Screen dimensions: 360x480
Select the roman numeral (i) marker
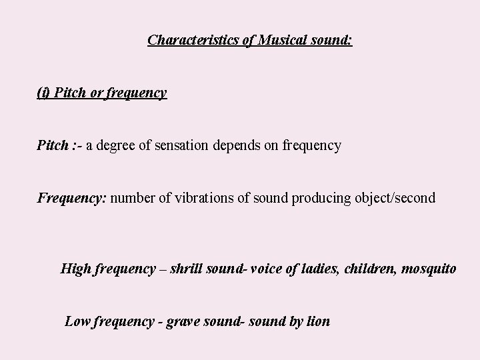click(43, 93)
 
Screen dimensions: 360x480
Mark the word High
click(76, 269)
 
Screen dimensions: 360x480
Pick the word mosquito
click(429, 270)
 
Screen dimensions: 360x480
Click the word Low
click(77, 321)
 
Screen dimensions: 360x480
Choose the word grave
click(182, 322)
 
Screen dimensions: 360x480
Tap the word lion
click(318, 321)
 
